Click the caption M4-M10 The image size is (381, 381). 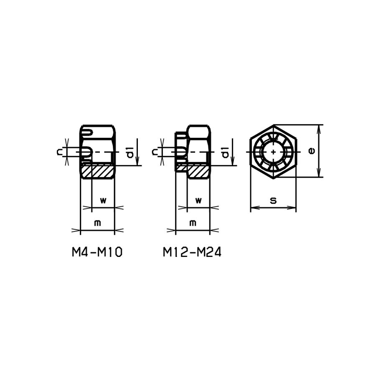tap(97, 252)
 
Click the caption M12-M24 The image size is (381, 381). tap(192, 252)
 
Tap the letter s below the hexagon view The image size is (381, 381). tap(273, 201)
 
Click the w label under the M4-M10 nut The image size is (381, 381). tap(103, 200)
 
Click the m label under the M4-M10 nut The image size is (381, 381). tap(97, 223)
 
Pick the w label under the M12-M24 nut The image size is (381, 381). tap(198, 200)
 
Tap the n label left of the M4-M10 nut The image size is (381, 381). tap(59, 152)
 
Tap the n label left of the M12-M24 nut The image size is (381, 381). tap(155, 152)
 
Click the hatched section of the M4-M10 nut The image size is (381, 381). tap(97, 171)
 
